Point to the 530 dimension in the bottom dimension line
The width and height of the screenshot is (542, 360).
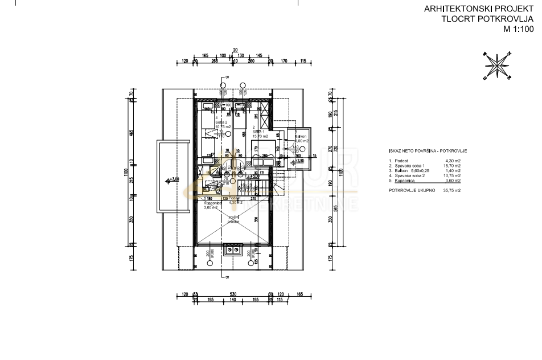coord(233,294)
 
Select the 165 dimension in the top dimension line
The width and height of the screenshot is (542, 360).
coord(205,56)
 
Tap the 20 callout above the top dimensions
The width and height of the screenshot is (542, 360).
coord(235,50)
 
